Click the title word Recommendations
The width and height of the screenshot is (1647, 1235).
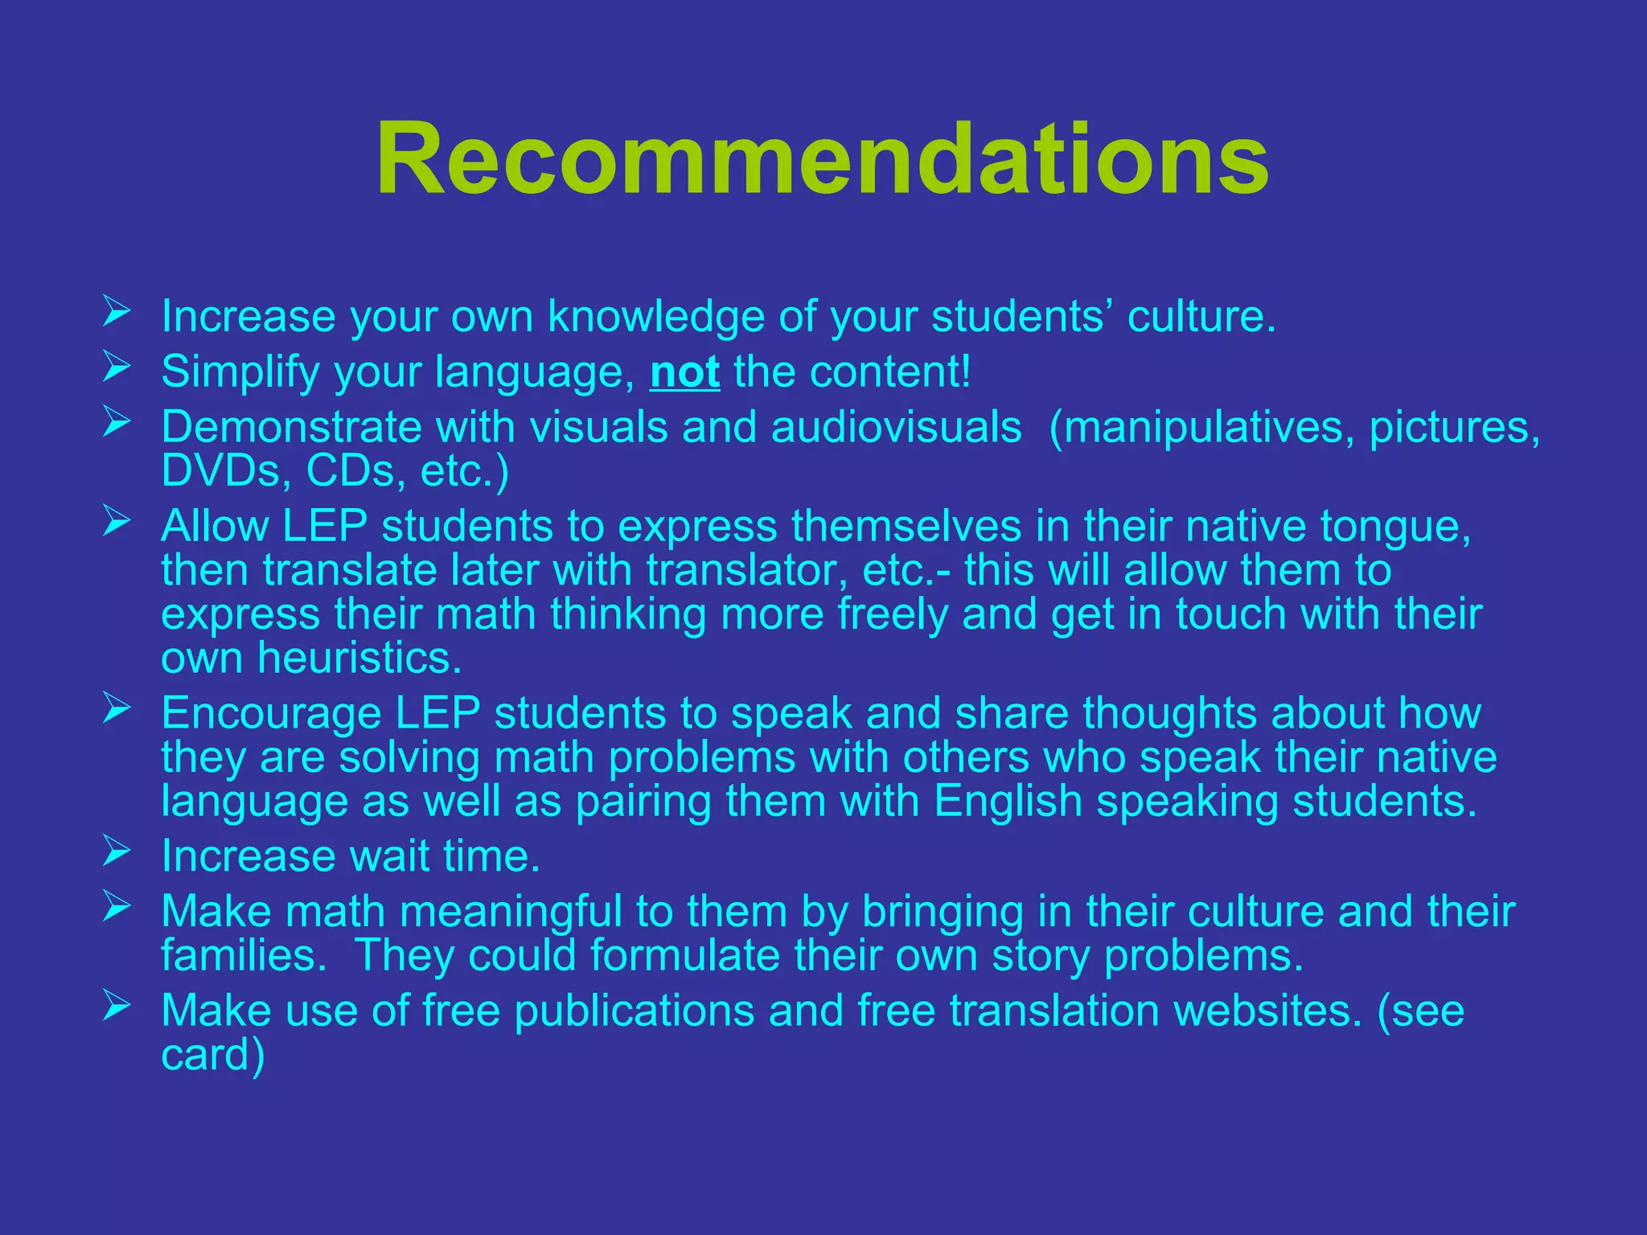822,158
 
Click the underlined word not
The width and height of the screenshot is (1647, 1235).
684,372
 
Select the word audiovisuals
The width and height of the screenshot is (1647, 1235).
896,426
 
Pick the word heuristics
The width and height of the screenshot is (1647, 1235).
359,658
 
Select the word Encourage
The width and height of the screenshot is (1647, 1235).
270,713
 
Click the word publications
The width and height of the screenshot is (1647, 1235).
634,1011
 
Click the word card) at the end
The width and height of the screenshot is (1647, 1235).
212,1055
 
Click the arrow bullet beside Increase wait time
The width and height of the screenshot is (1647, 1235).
117,851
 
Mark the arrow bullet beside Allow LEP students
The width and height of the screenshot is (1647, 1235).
117,522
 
